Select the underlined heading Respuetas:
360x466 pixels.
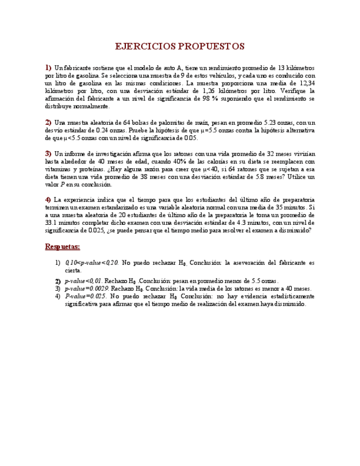[63, 247]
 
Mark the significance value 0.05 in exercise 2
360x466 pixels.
[190, 138]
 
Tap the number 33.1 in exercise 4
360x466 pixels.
[52, 224]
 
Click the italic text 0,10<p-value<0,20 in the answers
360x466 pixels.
[91, 263]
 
